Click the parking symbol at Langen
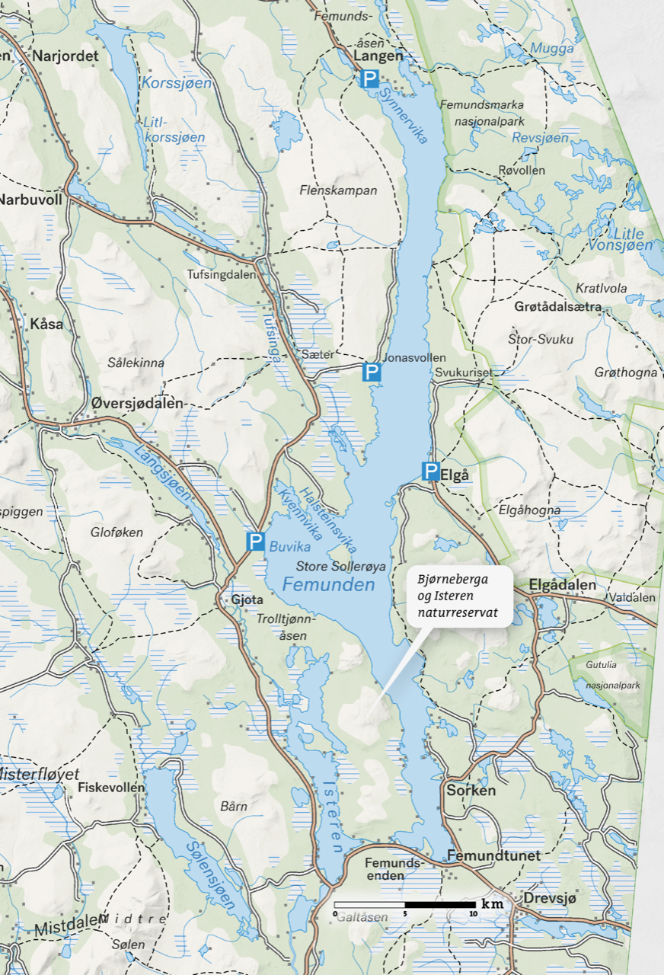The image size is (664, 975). (x=369, y=78)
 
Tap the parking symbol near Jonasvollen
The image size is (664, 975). (x=371, y=372)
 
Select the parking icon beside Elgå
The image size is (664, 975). (x=431, y=472)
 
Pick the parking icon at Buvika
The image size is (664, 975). (x=255, y=542)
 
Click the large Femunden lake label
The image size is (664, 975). (x=328, y=585)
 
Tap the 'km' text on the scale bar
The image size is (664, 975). (x=493, y=903)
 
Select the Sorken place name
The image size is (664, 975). (x=471, y=790)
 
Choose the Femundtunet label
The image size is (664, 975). (x=493, y=855)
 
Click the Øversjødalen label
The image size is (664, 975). (x=137, y=403)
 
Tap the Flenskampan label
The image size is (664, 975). (x=338, y=190)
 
